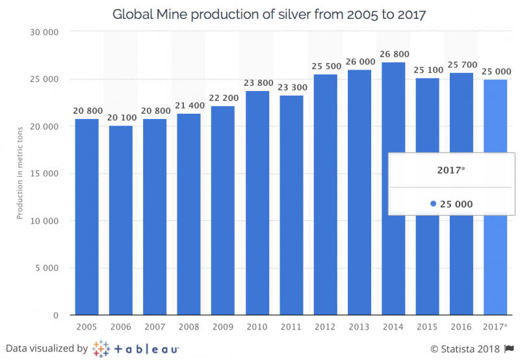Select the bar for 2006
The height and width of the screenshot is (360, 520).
121,221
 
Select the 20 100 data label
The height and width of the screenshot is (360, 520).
121,118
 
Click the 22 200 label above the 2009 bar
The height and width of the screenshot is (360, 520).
223,99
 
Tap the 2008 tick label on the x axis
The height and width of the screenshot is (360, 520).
189,326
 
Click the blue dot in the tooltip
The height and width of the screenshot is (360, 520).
434,204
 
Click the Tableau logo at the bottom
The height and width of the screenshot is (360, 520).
136,348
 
